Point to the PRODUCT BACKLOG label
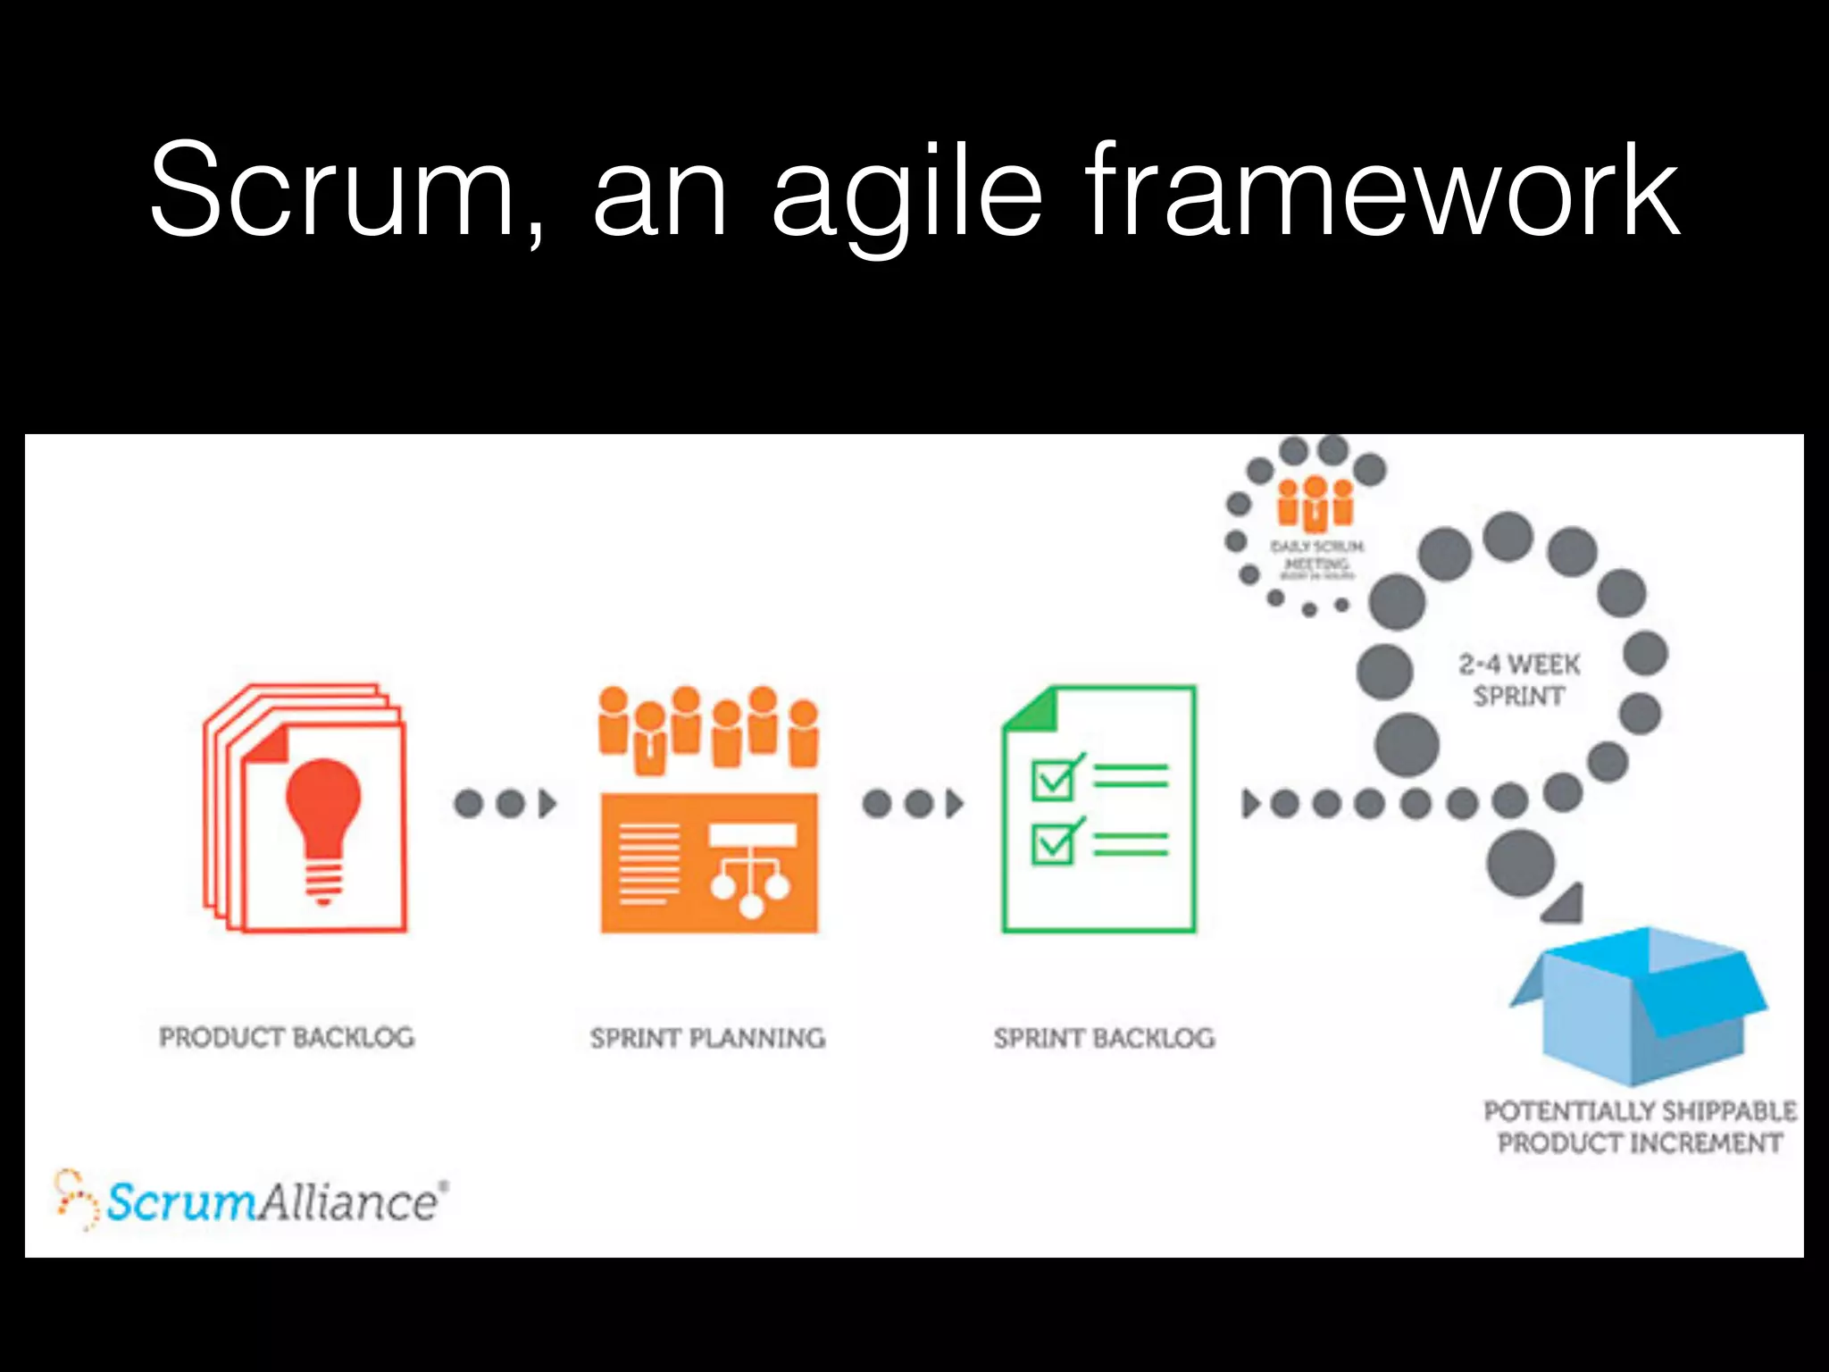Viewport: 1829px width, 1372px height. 287,1037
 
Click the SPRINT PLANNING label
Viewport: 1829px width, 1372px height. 707,1038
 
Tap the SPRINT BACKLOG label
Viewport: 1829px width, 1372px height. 1104,1038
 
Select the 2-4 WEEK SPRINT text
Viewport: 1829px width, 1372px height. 1519,680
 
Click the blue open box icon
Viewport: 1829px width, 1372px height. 1640,1006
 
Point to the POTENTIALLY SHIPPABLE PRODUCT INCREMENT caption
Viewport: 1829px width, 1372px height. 1640,1127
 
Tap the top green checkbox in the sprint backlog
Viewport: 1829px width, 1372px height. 1054,780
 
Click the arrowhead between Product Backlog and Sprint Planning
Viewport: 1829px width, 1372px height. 547,804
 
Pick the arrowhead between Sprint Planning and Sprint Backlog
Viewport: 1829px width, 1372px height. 955,804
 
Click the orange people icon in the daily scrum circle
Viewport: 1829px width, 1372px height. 1315,502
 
